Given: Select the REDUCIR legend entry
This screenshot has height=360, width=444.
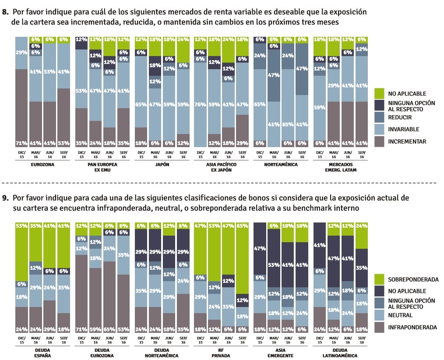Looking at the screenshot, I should [400, 117].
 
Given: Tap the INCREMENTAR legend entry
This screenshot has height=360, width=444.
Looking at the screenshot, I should [407, 141].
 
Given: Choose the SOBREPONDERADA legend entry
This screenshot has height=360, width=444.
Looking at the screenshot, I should [413, 279].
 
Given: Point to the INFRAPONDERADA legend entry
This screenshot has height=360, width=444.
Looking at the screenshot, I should [412, 327].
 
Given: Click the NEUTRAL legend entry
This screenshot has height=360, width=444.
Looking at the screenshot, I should [400, 315].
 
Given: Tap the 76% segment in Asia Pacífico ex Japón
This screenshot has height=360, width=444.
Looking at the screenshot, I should [200, 105].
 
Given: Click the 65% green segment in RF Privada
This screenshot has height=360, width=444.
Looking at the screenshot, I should [242, 258].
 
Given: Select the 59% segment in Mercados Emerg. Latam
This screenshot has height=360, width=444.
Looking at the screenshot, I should [319, 108].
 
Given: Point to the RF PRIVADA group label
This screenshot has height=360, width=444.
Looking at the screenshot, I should [221, 353].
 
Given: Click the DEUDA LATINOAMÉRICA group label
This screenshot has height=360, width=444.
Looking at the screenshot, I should [340, 353].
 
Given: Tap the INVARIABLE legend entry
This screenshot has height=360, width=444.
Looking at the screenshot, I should [403, 129].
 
